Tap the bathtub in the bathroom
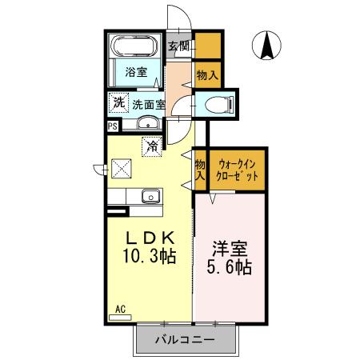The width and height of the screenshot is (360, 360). click(x=135, y=46)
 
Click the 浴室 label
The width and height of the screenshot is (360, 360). click(x=135, y=72)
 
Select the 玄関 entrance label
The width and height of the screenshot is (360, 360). click(x=178, y=46)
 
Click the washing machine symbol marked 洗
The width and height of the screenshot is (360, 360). click(x=118, y=102)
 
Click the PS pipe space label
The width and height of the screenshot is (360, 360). click(x=113, y=126)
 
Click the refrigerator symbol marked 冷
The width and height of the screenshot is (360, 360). click(x=150, y=146)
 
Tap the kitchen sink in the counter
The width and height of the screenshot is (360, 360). click(x=150, y=196)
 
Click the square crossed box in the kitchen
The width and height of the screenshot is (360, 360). click(x=121, y=168)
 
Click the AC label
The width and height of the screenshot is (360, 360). click(x=120, y=308)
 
